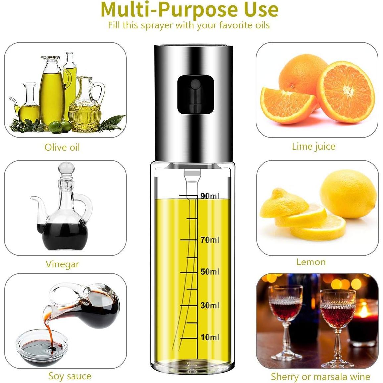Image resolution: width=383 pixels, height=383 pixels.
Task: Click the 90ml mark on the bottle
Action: tap(210, 196)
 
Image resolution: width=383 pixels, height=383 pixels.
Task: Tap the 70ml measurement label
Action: tap(210, 239)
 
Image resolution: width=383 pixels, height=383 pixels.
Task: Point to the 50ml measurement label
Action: tap(210, 272)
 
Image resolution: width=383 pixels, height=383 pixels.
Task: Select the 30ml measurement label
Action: tap(210, 305)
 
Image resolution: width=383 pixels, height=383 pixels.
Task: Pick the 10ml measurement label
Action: tap(210, 337)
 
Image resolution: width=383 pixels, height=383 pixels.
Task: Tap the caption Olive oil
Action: tap(62, 147)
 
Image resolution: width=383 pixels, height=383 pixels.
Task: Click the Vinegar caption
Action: tap(62, 264)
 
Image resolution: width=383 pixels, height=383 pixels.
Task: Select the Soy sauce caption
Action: tap(70, 376)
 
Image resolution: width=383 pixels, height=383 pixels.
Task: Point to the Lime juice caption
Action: tap(313, 146)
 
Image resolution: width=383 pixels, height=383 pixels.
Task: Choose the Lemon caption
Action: tap(311, 262)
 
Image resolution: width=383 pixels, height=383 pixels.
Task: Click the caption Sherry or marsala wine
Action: tap(320, 377)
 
